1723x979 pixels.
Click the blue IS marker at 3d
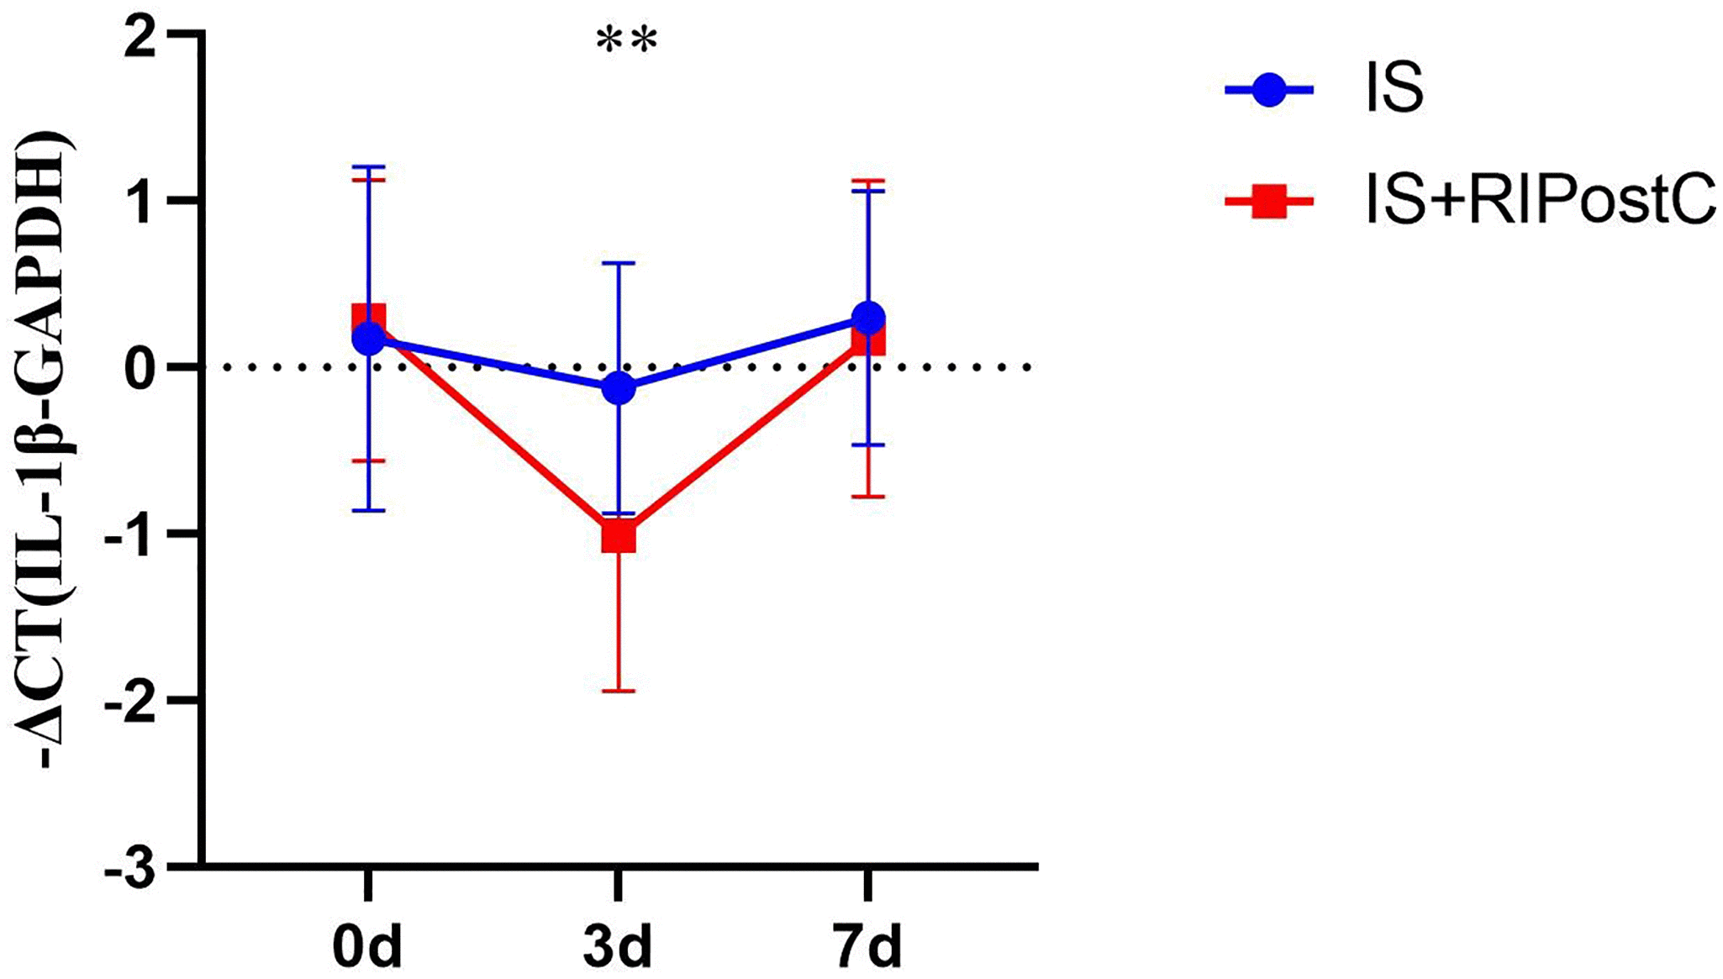[x=619, y=388]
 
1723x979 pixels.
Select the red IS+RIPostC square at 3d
[x=619, y=536]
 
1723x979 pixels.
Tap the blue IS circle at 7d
[x=868, y=318]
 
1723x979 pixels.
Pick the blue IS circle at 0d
[x=369, y=339]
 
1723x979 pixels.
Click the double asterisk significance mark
[x=626, y=41]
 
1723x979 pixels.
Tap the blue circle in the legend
[x=1268, y=89]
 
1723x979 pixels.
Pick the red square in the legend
[x=1268, y=203]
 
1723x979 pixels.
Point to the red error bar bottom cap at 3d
[x=619, y=691]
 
